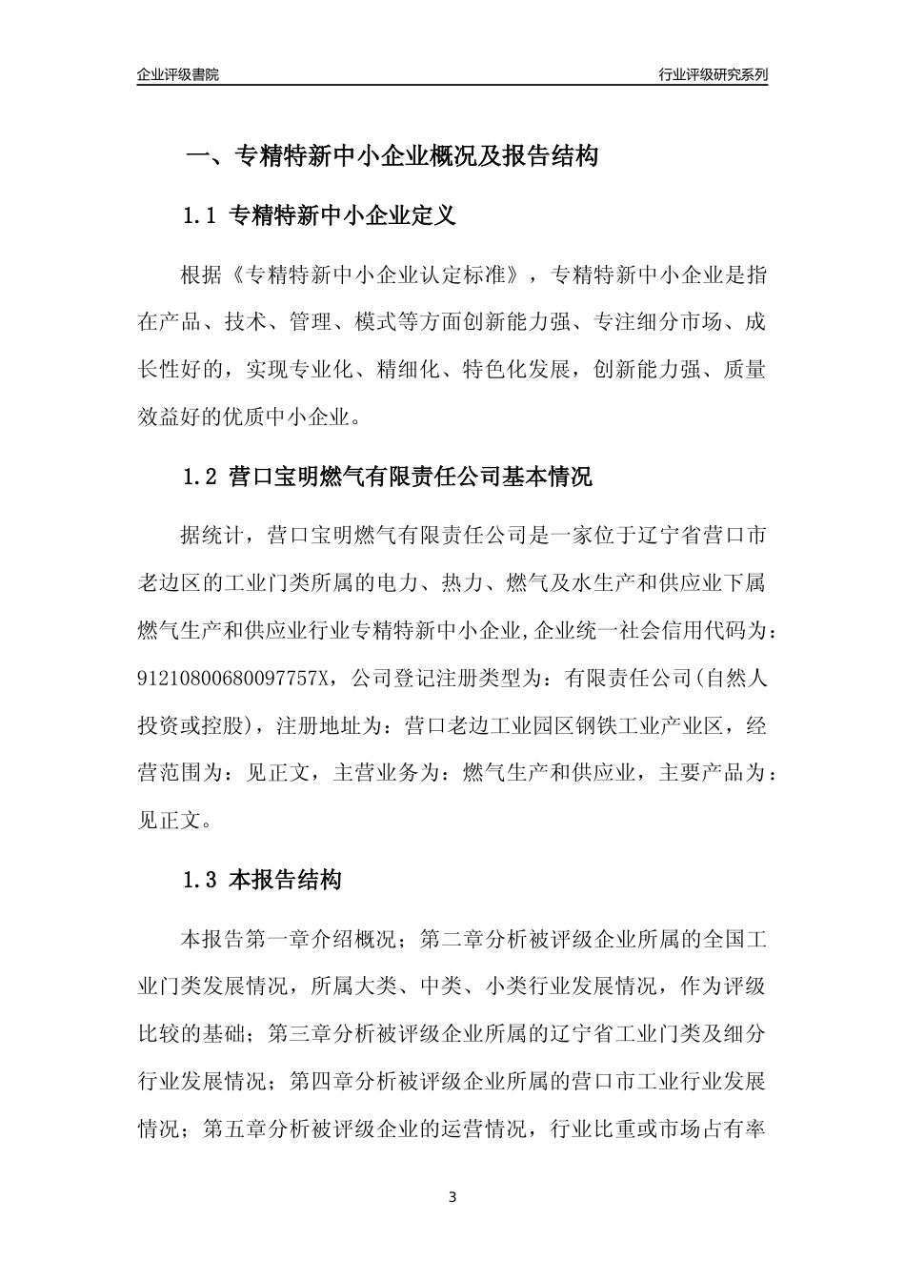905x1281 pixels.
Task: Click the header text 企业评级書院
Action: [178, 74]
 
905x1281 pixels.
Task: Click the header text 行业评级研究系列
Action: [713, 74]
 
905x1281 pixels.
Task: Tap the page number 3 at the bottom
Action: [452, 1197]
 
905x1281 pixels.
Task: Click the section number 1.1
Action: [201, 216]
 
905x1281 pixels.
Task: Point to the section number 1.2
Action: [201, 477]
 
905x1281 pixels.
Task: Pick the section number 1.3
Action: [201, 881]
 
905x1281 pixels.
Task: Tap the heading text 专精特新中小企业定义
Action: [344, 216]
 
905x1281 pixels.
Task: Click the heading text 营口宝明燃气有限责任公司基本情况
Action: [412, 477]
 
